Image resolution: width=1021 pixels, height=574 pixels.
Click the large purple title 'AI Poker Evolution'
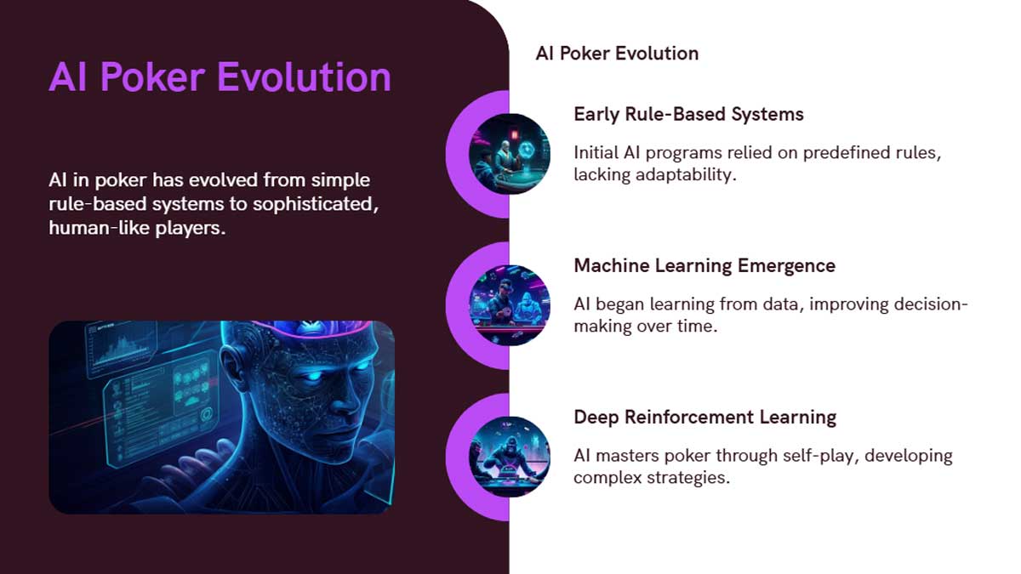pos(220,77)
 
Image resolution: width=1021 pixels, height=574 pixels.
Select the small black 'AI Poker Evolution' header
pos(617,54)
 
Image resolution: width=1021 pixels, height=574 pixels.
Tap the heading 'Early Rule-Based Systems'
pos(688,114)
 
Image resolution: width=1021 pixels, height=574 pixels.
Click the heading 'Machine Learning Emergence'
pos(704,265)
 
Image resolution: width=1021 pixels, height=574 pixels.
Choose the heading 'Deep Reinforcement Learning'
pos(705,417)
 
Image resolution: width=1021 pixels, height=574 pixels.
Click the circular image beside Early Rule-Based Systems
pos(510,154)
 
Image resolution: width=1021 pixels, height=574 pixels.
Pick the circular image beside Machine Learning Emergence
pos(510,305)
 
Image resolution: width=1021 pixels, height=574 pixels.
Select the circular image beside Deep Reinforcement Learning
pos(510,457)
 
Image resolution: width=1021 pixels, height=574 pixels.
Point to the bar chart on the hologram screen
pos(121,350)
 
